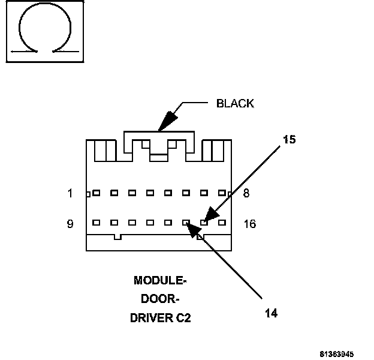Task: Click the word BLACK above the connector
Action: (x=235, y=103)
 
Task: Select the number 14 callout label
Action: (x=271, y=313)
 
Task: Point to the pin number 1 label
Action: (x=70, y=193)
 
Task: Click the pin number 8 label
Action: (x=247, y=193)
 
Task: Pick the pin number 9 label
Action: (x=70, y=224)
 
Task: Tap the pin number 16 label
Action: (x=250, y=224)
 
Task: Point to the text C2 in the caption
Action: (x=183, y=318)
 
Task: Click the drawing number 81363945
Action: (x=345, y=353)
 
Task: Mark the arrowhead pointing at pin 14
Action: (x=192, y=229)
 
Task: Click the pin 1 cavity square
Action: (x=96, y=193)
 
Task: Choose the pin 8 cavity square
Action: (x=222, y=193)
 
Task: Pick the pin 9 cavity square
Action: (x=96, y=223)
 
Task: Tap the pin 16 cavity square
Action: (x=222, y=223)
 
